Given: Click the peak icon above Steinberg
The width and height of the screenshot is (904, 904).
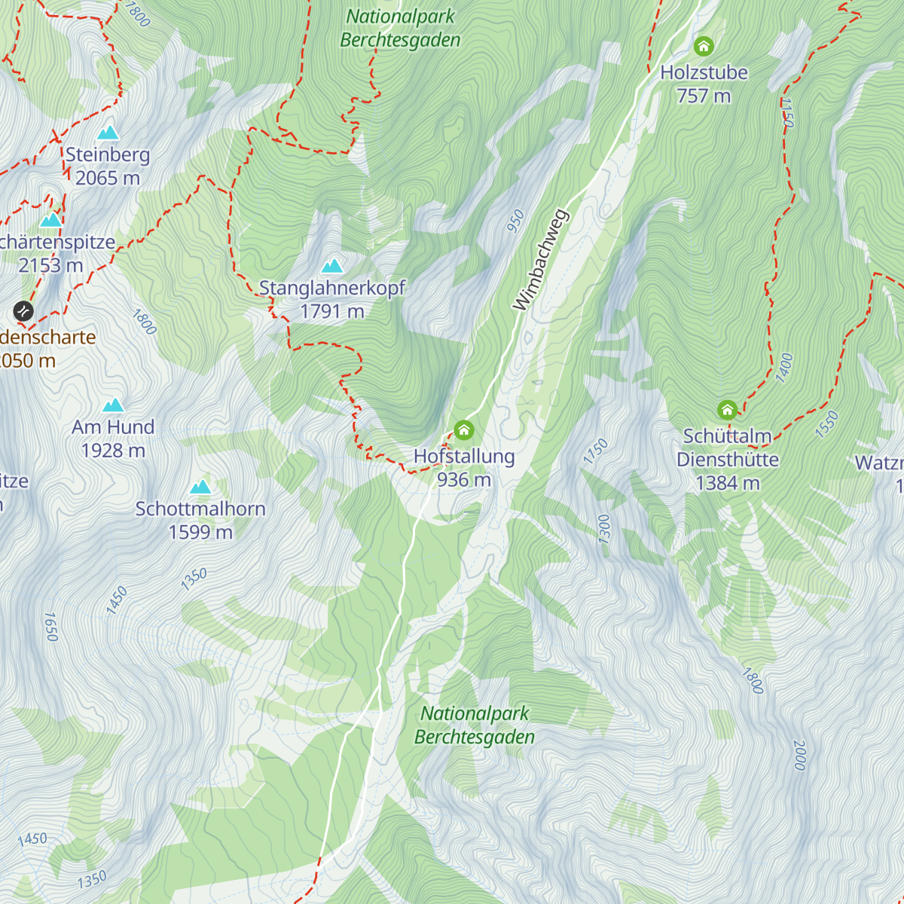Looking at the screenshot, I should point(108,133).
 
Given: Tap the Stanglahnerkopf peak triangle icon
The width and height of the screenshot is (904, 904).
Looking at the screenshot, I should point(332,266).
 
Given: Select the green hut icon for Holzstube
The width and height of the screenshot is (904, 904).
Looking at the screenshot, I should point(704,47).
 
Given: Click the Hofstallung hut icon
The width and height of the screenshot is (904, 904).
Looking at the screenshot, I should point(464,431).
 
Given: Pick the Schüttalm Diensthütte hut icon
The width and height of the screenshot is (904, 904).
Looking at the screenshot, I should point(727,410).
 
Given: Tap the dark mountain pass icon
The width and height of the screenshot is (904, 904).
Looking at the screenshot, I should point(24,310).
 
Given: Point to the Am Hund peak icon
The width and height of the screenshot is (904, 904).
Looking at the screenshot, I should point(113,405).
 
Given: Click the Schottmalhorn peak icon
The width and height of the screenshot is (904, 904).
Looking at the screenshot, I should point(200,487).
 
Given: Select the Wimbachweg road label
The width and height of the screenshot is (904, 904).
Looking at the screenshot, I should point(541,260).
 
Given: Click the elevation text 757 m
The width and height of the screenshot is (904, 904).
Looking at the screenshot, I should point(704,96).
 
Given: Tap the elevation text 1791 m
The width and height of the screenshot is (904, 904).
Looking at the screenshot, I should point(332,311).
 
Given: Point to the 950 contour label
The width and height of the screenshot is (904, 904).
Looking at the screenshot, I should point(515,221).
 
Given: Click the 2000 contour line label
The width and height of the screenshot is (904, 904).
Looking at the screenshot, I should point(799,755).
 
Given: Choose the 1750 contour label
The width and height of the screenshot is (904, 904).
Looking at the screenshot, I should point(595,451).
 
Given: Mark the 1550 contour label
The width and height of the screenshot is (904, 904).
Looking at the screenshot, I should point(826,424).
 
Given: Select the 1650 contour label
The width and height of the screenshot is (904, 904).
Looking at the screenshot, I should point(51,627).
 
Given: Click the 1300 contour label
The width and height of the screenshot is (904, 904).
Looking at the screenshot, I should point(604,529).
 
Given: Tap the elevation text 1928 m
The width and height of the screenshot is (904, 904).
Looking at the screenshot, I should point(113,450).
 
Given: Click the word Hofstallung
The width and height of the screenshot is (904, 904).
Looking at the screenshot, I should point(464,457).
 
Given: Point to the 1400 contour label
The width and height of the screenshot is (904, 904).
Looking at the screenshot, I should point(784,368).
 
